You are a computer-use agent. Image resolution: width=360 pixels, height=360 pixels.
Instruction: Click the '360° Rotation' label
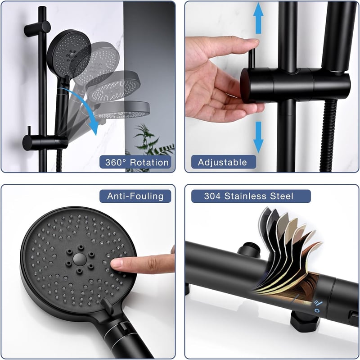click(137, 162)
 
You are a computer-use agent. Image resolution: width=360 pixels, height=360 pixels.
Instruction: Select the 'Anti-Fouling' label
click(135, 196)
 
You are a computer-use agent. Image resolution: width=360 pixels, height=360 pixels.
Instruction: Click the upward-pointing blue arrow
click(258, 18)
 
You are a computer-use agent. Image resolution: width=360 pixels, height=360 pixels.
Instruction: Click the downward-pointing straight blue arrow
click(258, 137)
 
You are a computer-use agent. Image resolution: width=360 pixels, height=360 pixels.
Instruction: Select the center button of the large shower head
click(80, 259)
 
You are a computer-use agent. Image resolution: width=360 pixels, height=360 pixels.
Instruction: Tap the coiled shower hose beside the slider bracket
click(329, 136)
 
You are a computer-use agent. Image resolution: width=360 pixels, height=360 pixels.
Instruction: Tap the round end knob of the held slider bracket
click(246, 86)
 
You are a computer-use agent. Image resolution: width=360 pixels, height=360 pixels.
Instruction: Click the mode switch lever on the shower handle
click(108, 307)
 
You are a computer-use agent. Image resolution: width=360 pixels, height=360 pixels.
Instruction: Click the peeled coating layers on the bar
click(288, 248)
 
